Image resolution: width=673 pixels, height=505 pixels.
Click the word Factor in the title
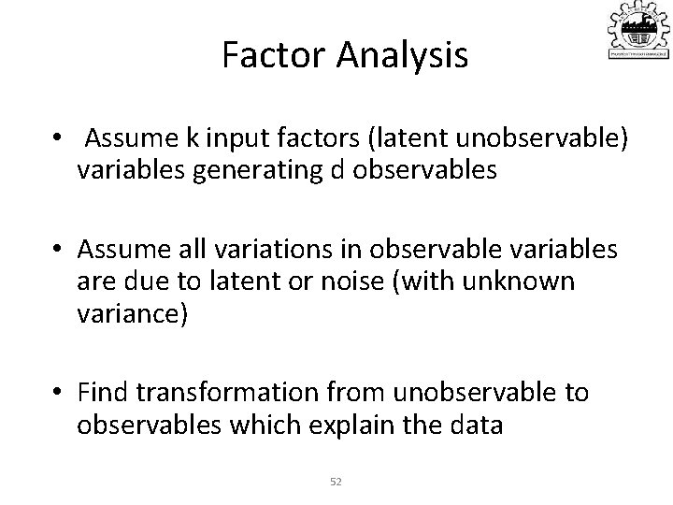pyautogui.click(x=270, y=56)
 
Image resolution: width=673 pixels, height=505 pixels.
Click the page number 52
pyautogui.click(x=336, y=481)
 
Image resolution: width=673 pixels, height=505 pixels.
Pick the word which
pyautogui.click(x=245, y=425)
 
